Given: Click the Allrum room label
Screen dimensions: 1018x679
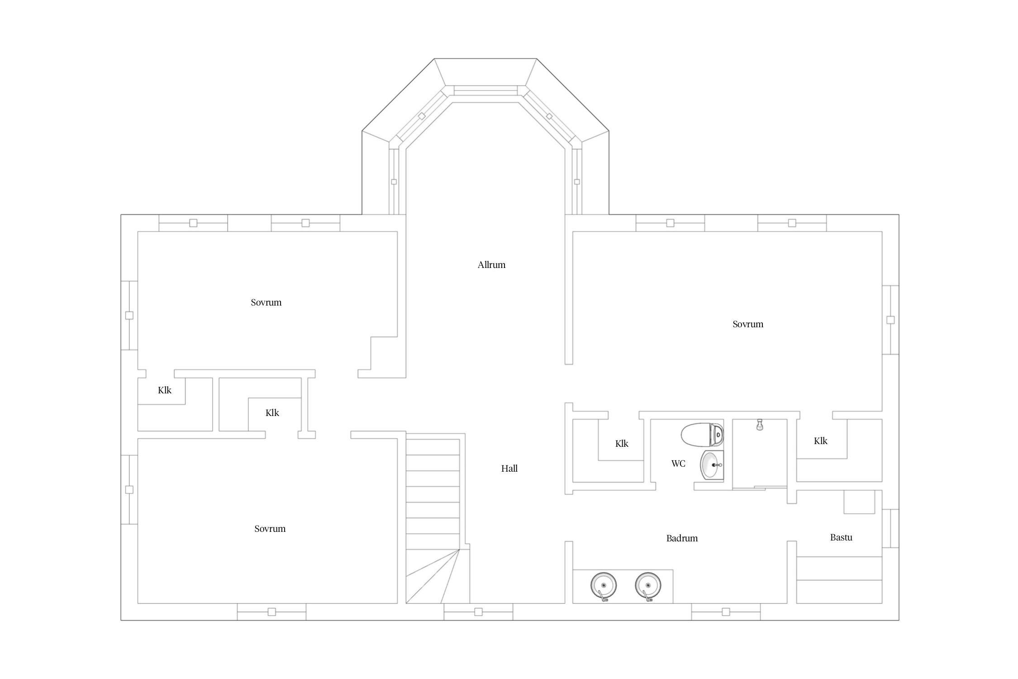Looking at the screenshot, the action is click(x=491, y=265).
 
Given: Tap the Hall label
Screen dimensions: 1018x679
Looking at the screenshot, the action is click(x=509, y=469).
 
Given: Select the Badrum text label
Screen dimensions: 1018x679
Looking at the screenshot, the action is click(x=682, y=538).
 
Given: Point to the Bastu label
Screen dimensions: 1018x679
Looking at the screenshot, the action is click(x=841, y=537).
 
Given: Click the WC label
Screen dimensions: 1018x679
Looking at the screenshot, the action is click(x=678, y=464).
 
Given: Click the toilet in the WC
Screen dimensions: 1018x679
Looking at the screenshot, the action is click(x=702, y=435).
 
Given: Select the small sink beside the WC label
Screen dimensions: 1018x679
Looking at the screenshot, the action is click(x=712, y=465).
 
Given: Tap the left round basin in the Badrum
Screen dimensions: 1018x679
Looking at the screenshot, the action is click(x=604, y=586).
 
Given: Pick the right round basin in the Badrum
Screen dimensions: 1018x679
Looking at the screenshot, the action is click(x=648, y=586).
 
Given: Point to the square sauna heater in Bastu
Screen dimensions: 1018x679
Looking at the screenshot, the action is click(x=859, y=502).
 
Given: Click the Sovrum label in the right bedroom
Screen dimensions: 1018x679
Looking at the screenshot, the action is click(x=748, y=324).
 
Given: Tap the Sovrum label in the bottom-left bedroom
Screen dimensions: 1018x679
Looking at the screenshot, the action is click(x=270, y=529).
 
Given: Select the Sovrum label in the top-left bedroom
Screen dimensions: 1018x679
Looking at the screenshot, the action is click(x=266, y=302).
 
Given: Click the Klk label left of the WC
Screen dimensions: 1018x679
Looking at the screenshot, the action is click(x=622, y=444).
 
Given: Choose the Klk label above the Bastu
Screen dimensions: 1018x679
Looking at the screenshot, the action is click(x=820, y=441).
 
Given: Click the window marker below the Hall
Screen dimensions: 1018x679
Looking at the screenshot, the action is click(x=478, y=612).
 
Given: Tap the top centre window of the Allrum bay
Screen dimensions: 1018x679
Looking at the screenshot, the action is click(x=485, y=91).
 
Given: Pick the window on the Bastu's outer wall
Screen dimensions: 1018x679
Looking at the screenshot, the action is click(x=890, y=528).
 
